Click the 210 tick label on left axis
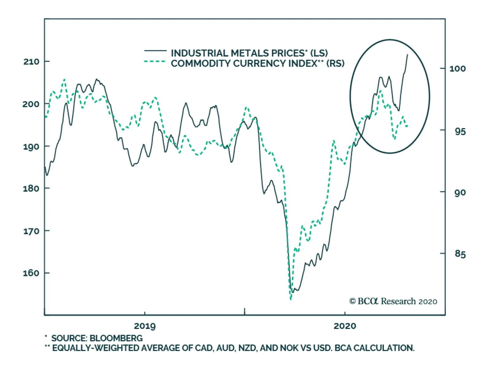pyautogui.click(x=31, y=62)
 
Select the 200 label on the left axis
pyautogui.click(x=31, y=104)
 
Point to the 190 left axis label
pyautogui.click(x=31, y=146)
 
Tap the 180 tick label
pyautogui.click(x=31, y=188)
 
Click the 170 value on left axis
pyautogui.click(x=31, y=231)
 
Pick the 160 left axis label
pyautogui.click(x=31, y=273)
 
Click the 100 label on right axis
pyautogui.click(x=457, y=68)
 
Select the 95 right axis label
pyautogui.click(x=460, y=131)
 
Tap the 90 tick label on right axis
pyautogui.click(x=460, y=192)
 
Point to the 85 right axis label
pyautogui.click(x=460, y=254)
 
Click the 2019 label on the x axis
pyautogui.click(x=145, y=326)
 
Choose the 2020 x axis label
pyautogui.click(x=345, y=326)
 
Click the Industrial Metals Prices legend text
pyautogui.click(x=249, y=53)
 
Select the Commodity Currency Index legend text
pyautogui.click(x=257, y=64)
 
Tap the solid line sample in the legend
pyautogui.click(x=155, y=50)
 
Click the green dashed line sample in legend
pyautogui.click(x=155, y=61)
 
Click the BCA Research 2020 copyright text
pyautogui.click(x=393, y=301)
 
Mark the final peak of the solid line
pyautogui.click(x=408, y=55)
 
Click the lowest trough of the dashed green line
pyautogui.click(x=291, y=299)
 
